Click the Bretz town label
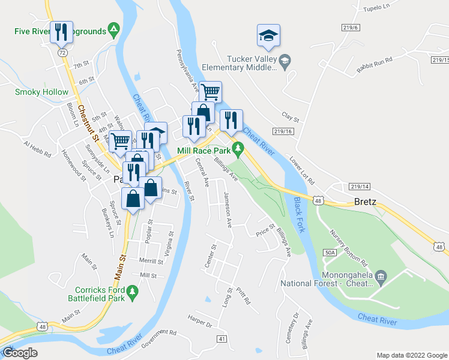(365, 202)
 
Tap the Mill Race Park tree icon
(238, 147)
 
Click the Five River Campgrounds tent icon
(112, 29)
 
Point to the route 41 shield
(222, 340)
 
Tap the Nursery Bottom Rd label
(348, 247)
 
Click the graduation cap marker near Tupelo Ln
(268, 36)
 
